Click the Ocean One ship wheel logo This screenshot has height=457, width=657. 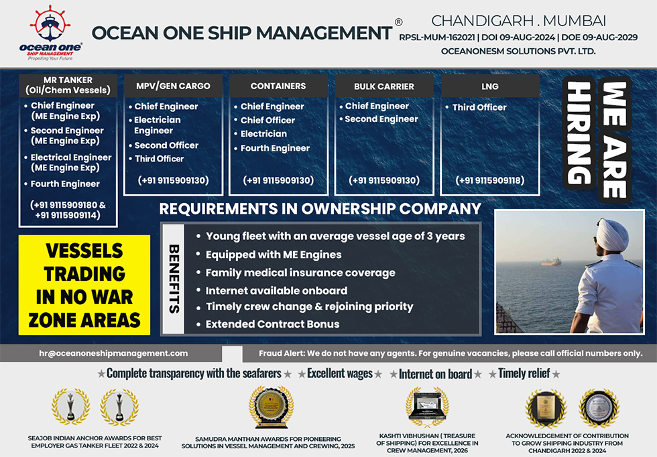coord(50,23)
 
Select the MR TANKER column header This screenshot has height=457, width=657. coord(68,85)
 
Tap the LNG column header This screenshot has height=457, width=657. coord(490,86)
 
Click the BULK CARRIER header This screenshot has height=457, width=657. coord(383,86)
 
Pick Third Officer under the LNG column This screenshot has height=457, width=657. coord(479,107)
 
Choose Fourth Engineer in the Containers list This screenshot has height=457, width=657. coord(275,148)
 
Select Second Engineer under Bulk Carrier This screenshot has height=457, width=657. coord(381,119)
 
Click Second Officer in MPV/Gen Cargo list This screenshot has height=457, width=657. coord(166,145)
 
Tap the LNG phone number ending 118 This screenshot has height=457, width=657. coord(490,180)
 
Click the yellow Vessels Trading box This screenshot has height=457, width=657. coord(84,285)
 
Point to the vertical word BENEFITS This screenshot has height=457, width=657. coord(174,279)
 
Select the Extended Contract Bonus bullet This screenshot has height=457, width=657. coord(272,324)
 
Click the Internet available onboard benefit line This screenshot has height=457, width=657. coord(276,291)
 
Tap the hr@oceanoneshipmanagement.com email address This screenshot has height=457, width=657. coord(113,353)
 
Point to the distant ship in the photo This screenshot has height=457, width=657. coord(550,262)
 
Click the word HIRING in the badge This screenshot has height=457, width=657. coord(579,133)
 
